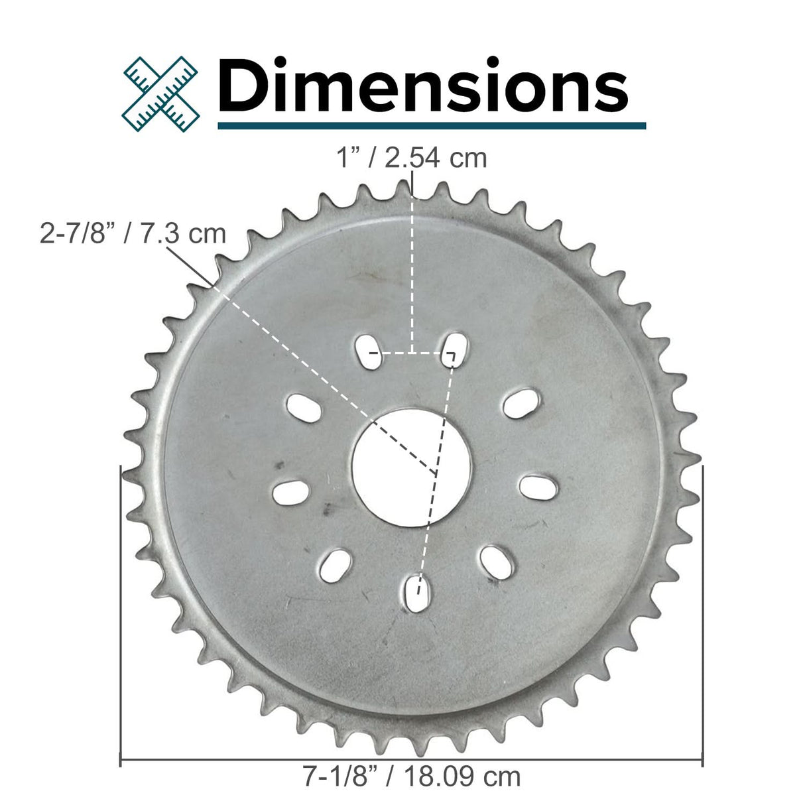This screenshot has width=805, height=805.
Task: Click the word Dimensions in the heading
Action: [422, 86]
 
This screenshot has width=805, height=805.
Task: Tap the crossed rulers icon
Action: [161, 92]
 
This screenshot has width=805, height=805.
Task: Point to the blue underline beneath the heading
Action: [431, 125]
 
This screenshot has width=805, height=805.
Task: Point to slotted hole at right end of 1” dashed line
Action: [454, 346]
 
